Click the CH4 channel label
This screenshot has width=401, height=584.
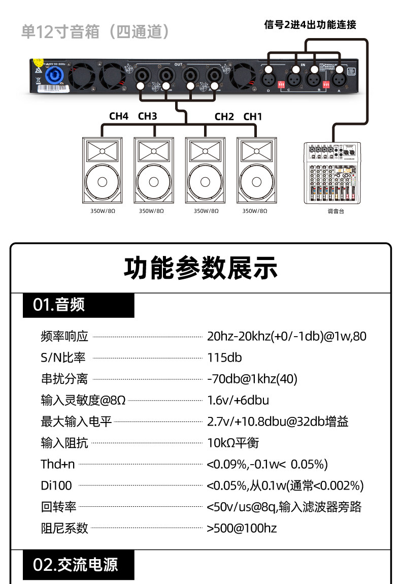pyautogui.click(x=119, y=116)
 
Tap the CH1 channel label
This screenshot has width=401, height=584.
pyautogui.click(x=253, y=116)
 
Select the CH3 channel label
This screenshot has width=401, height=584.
pyautogui.click(x=147, y=116)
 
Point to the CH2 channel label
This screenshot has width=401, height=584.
pyautogui.click(x=224, y=116)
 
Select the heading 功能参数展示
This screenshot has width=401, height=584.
pyautogui.click(x=201, y=268)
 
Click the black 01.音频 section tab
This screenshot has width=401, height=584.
pyautogui.click(x=79, y=305)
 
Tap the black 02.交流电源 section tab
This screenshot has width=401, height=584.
pyautogui.click(x=79, y=565)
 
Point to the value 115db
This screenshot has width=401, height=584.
pyautogui.click(x=224, y=358)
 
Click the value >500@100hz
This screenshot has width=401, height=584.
pyautogui.click(x=242, y=528)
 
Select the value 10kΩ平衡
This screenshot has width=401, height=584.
pyautogui.click(x=233, y=443)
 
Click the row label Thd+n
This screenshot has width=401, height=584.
pyautogui.click(x=57, y=464)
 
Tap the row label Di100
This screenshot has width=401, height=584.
pyautogui.click(x=56, y=485)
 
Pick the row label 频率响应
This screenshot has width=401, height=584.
pyautogui.click(x=64, y=336)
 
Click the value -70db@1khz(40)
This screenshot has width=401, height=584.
pyautogui.click(x=252, y=379)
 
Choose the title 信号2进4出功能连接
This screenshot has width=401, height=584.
pyautogui.click(x=310, y=24)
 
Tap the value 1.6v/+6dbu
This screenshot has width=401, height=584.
pyautogui.click(x=238, y=400)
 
